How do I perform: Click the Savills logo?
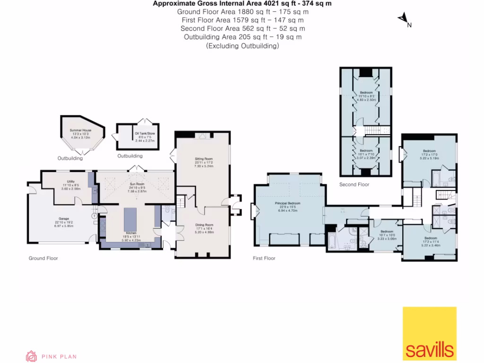point(429,334)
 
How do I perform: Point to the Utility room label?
point(65,185)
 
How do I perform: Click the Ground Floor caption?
point(43,258)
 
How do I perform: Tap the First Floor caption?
point(264,258)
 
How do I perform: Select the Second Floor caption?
point(354,184)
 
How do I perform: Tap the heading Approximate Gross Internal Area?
point(242,3)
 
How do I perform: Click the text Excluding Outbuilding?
point(242,46)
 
